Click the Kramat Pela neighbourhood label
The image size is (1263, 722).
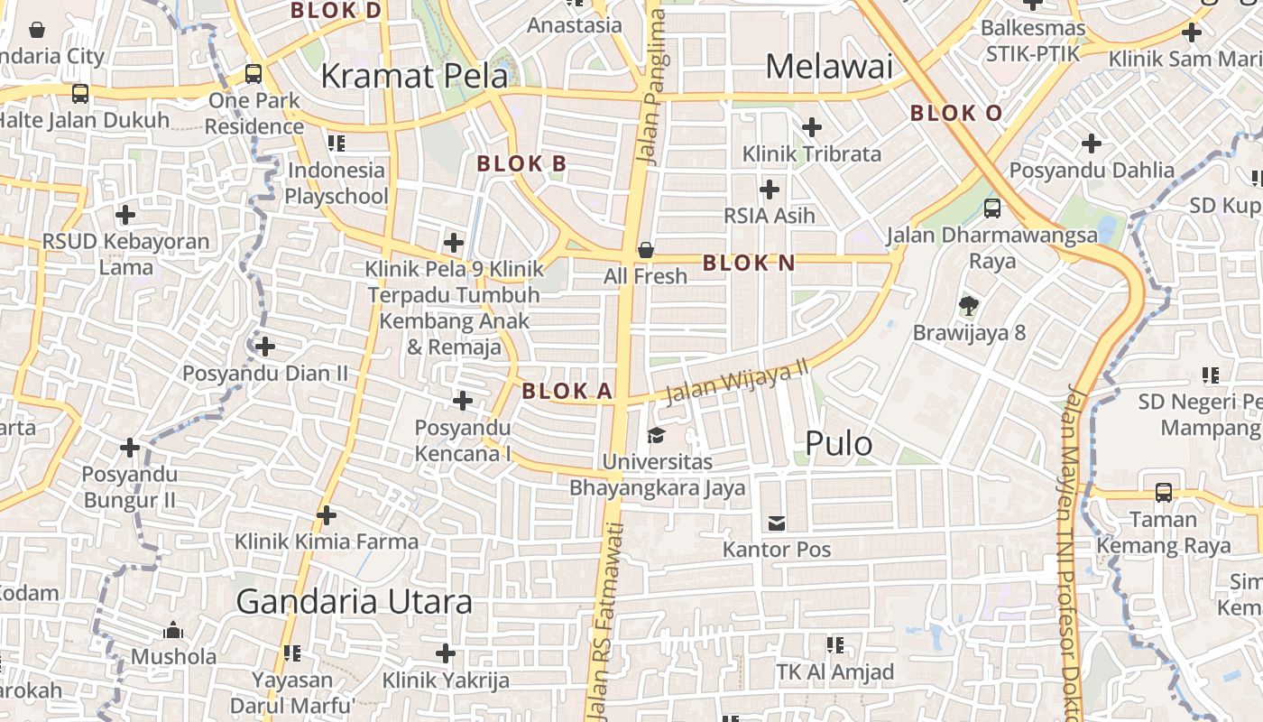tap(414, 76)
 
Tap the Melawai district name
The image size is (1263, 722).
tap(829, 66)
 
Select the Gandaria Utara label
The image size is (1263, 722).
tap(354, 601)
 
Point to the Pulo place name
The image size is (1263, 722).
tap(838, 443)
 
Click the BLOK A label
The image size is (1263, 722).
tap(567, 391)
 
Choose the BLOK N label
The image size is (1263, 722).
tap(749, 264)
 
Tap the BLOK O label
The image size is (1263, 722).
tap(956, 113)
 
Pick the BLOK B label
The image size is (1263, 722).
tap(521, 163)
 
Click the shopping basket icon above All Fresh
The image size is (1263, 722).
tap(645, 250)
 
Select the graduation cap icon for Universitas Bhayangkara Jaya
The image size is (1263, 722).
tap(656, 436)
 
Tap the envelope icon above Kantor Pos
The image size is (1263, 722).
tap(776, 523)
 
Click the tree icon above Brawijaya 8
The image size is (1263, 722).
tap(969, 305)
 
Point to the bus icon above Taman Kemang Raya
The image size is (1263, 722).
tap(1164, 492)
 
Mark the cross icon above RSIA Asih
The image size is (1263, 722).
tap(770, 190)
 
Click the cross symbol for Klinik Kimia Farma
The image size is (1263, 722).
tap(327, 515)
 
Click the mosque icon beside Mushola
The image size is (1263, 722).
tap(172, 630)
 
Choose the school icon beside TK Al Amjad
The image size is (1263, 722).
tap(835, 645)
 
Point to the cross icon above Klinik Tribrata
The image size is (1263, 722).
tap(812, 127)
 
